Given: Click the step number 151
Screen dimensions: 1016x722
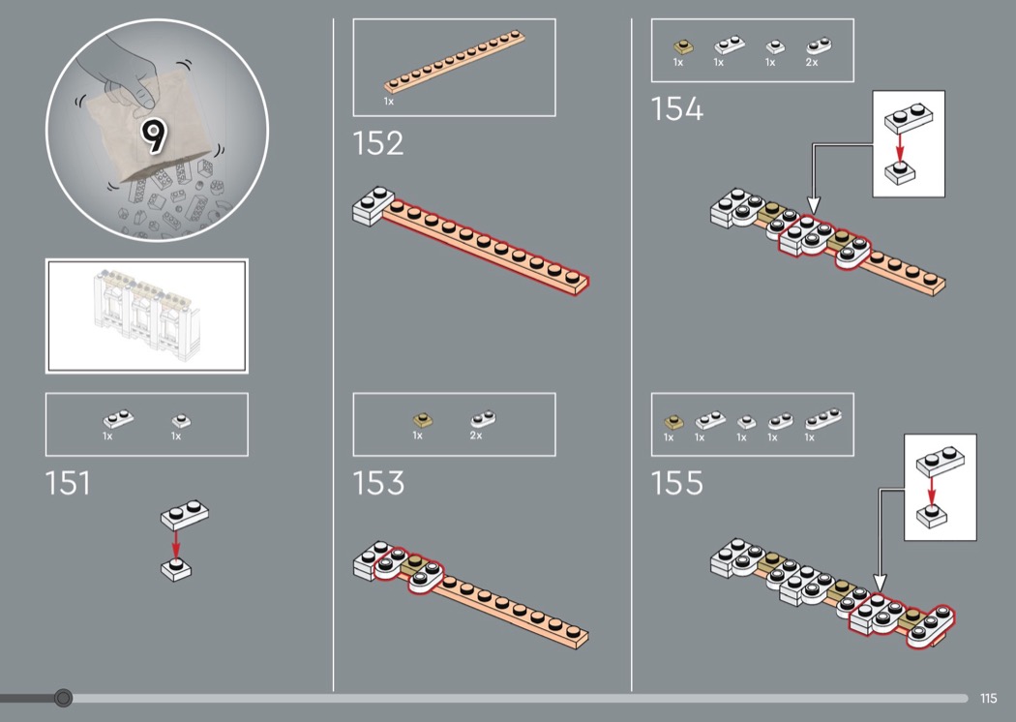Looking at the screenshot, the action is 68,483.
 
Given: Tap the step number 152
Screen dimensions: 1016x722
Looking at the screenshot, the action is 377,143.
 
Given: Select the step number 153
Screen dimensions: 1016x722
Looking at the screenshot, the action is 378,483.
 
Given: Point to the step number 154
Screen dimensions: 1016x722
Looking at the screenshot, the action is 676,109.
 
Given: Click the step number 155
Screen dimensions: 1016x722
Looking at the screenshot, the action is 676,483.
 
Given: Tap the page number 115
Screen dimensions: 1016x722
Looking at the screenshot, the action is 988,698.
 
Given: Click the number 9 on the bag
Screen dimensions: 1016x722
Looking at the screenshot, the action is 154,135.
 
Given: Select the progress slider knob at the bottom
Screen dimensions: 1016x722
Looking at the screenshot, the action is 63,698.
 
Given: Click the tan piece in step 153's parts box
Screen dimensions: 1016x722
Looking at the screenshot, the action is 423,420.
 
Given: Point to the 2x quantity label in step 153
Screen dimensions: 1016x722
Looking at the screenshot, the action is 476,436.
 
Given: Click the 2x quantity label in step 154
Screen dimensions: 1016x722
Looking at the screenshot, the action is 811,62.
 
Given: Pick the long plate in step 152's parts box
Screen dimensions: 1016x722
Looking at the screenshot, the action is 454,62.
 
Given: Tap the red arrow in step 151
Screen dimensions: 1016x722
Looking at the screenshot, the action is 175,544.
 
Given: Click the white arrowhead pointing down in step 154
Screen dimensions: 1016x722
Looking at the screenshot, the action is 814,206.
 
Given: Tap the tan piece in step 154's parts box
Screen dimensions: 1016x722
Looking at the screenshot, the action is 683,46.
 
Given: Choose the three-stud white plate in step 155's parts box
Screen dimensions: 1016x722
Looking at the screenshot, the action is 822,419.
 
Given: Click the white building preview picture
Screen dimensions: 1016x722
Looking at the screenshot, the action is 146,316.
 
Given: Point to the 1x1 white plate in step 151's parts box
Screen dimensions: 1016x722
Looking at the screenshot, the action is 181,421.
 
